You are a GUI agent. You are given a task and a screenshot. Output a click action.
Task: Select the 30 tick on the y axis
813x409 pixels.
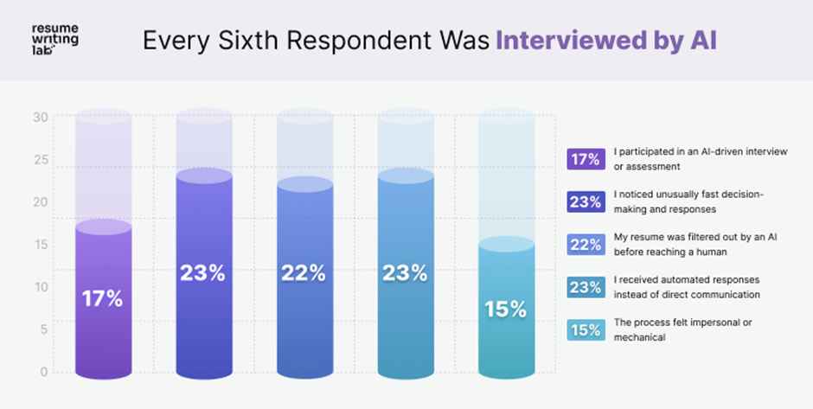click(x=40, y=118)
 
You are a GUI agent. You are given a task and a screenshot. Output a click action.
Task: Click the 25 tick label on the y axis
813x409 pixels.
click(x=40, y=160)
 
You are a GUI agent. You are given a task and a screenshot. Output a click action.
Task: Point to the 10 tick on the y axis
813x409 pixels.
click(x=40, y=287)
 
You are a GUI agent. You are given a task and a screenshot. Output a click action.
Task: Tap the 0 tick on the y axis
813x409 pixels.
click(x=42, y=372)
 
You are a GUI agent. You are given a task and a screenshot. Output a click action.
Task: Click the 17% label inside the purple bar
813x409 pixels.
click(x=102, y=300)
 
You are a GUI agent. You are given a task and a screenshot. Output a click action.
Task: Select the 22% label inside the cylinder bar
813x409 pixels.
click(x=304, y=273)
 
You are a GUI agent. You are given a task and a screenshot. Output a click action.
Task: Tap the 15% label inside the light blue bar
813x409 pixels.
click(x=505, y=309)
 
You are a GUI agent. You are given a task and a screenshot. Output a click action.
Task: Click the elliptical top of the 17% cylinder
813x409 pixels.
click(x=102, y=227)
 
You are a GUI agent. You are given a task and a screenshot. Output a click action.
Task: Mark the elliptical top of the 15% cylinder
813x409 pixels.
click(x=505, y=244)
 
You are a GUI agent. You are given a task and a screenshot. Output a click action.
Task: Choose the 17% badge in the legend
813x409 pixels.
click(x=585, y=159)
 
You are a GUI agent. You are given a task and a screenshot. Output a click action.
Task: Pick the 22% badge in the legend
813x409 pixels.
click(x=585, y=245)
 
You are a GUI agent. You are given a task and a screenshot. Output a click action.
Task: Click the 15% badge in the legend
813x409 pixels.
click(x=585, y=329)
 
